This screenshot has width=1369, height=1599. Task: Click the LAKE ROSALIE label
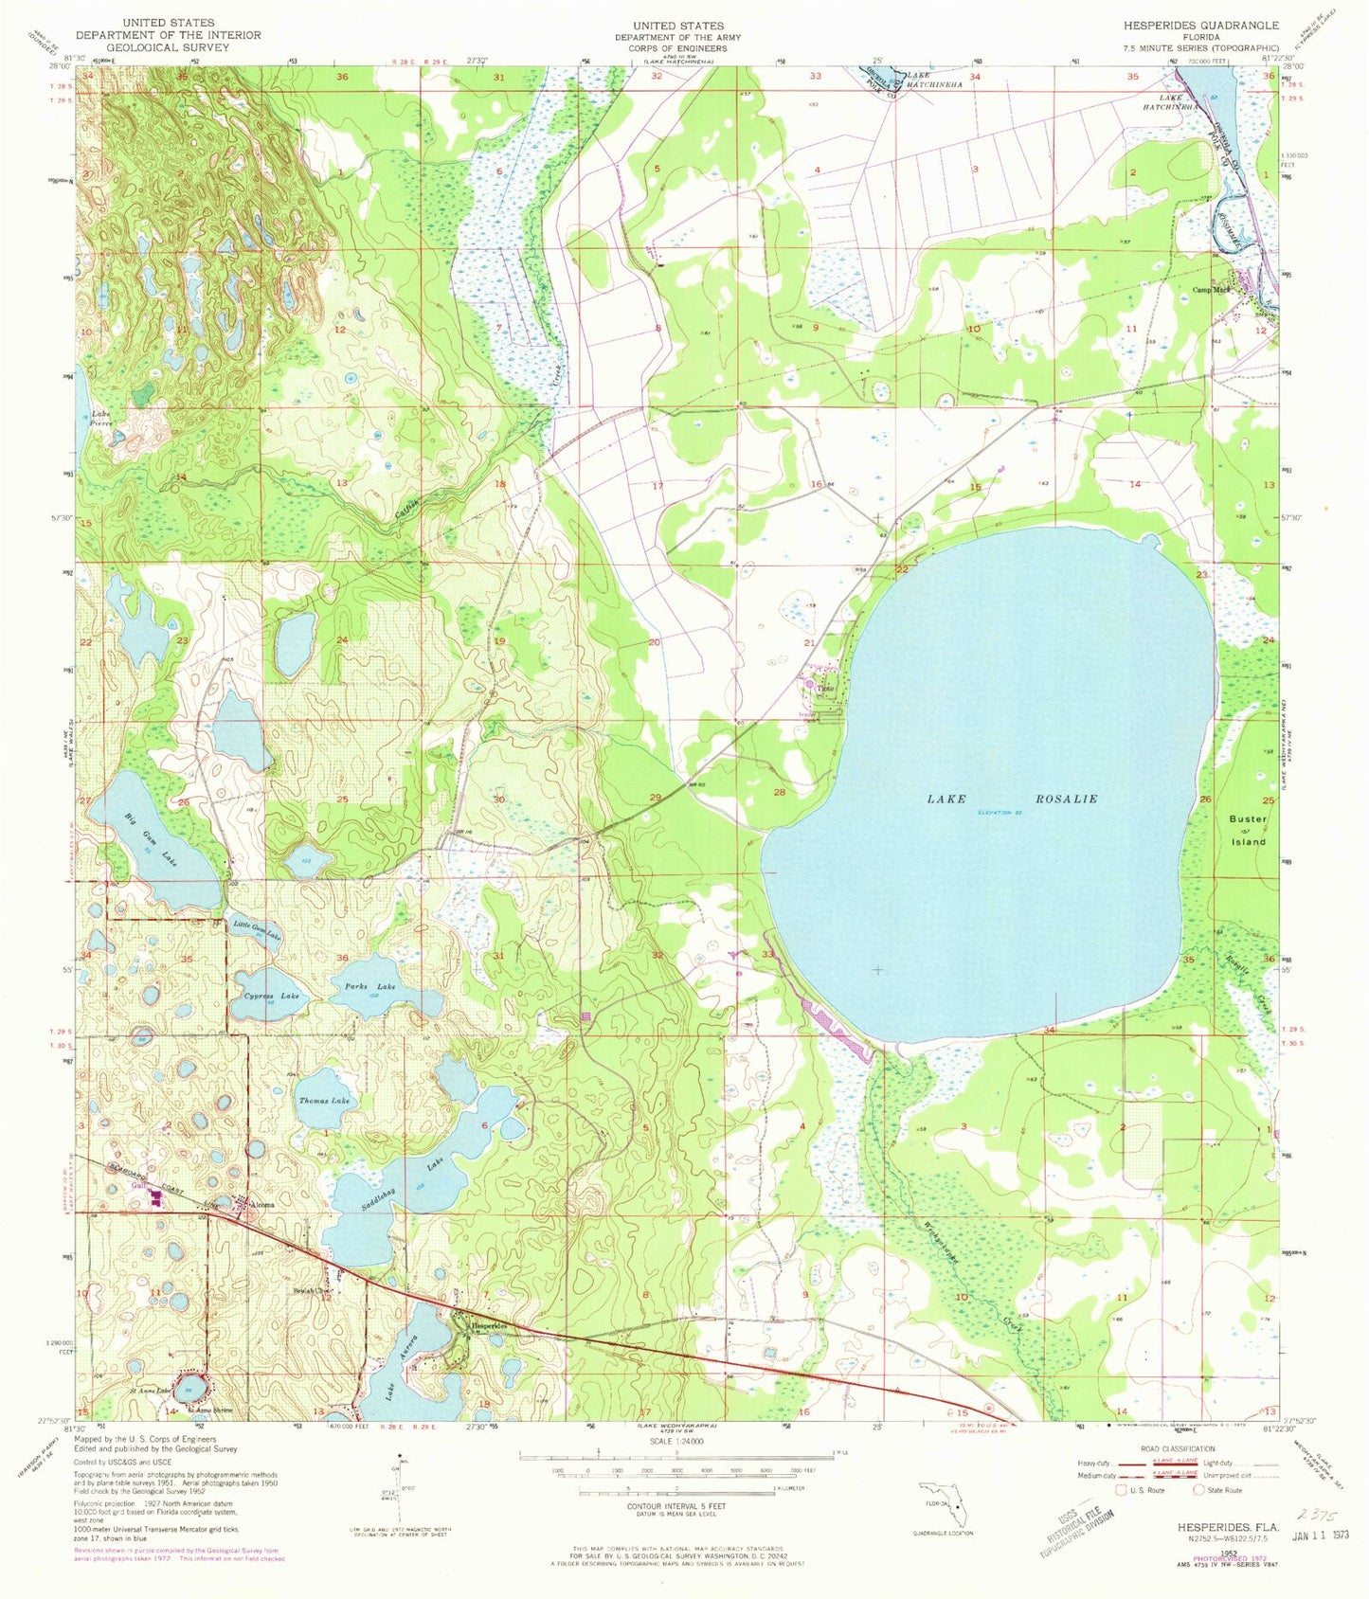click(x=1011, y=799)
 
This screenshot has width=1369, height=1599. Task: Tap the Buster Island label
click(x=1247, y=829)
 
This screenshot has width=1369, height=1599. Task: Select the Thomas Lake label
click(x=324, y=1101)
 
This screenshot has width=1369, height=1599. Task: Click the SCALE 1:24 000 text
click(x=676, y=1443)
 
